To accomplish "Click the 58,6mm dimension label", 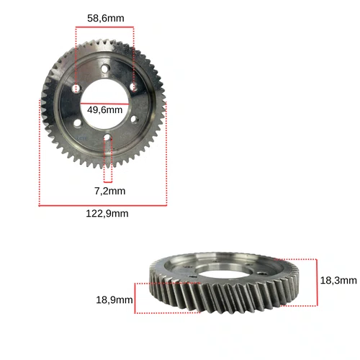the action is [x=106, y=19].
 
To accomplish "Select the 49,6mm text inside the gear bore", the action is [x=104, y=110].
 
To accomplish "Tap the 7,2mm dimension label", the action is [x=109, y=191].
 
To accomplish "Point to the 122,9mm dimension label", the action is [x=107, y=214].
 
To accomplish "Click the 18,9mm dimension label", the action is [x=114, y=300].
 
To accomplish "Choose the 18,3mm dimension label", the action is [x=338, y=280].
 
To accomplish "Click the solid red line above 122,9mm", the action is [x=103, y=205].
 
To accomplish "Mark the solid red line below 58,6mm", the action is [x=104, y=27].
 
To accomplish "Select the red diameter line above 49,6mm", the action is [x=104, y=104].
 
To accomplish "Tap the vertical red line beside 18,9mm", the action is [x=135, y=298].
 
